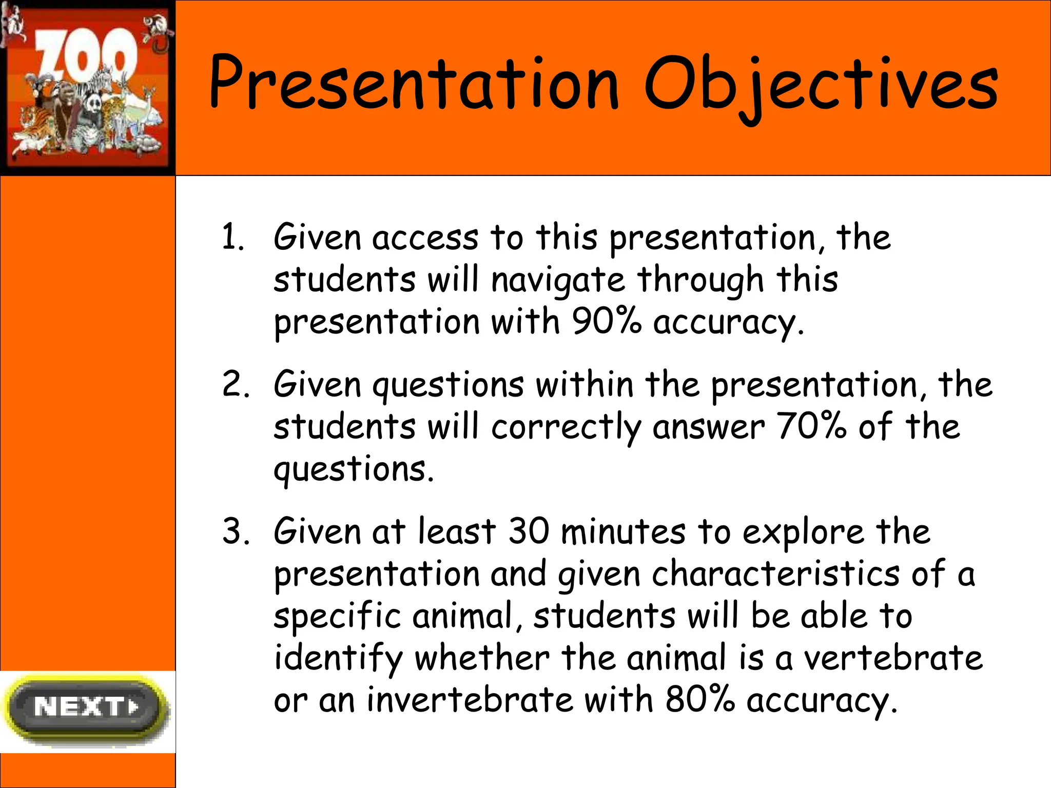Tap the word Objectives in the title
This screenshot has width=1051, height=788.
coord(821,85)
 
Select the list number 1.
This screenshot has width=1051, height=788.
coord(232,238)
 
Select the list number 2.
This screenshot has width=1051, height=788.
coord(235,384)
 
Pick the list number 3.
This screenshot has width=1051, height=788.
coord(235,531)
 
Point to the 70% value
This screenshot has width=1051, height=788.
coord(811,426)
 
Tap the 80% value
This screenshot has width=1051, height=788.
coord(700,700)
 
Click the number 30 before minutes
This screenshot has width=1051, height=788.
coord(529,531)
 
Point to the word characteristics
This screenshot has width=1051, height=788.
coord(775,574)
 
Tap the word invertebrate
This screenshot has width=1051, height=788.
coord(470,700)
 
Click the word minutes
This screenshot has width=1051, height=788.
coord(623,531)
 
